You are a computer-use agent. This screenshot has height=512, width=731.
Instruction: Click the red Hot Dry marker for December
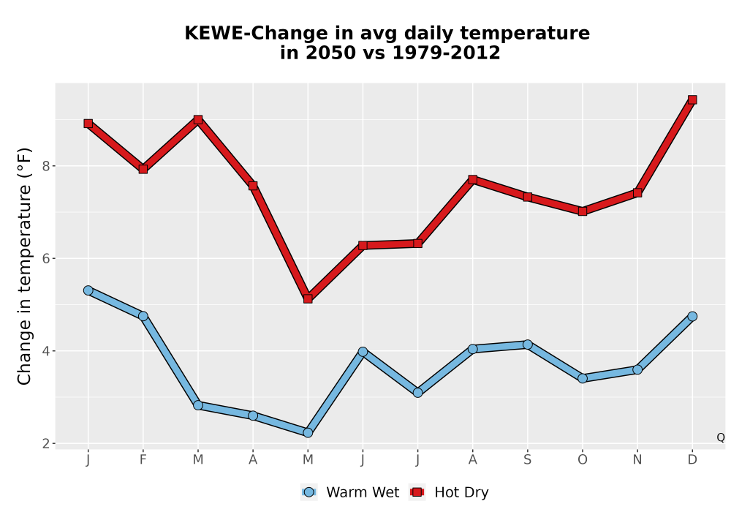692,99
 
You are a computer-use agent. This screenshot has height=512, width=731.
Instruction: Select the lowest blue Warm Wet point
308,433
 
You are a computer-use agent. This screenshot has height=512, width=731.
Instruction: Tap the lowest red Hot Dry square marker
308,298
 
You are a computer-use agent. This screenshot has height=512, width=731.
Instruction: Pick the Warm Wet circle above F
143,316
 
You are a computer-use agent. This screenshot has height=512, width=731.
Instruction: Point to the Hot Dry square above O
583,211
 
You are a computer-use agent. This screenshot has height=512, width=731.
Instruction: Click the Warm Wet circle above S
527,345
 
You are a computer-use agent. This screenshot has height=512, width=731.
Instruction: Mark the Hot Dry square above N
637,192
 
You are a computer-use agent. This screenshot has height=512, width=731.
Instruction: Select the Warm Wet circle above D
692,316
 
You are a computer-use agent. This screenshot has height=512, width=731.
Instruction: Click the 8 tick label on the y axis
46,166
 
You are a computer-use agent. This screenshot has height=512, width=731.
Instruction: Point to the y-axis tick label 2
46,443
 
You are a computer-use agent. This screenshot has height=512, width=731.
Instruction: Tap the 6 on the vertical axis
46,258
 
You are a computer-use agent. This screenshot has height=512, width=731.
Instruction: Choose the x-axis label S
527,460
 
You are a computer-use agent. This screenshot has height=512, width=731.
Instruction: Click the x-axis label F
143,460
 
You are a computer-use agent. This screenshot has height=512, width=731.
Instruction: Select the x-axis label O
583,460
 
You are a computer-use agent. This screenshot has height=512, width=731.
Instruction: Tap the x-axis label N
637,460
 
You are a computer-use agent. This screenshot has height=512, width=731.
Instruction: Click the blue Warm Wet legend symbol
308,492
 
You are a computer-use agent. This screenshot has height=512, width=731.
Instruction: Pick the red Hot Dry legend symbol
417,492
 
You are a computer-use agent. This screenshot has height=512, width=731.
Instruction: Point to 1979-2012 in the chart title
446,53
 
